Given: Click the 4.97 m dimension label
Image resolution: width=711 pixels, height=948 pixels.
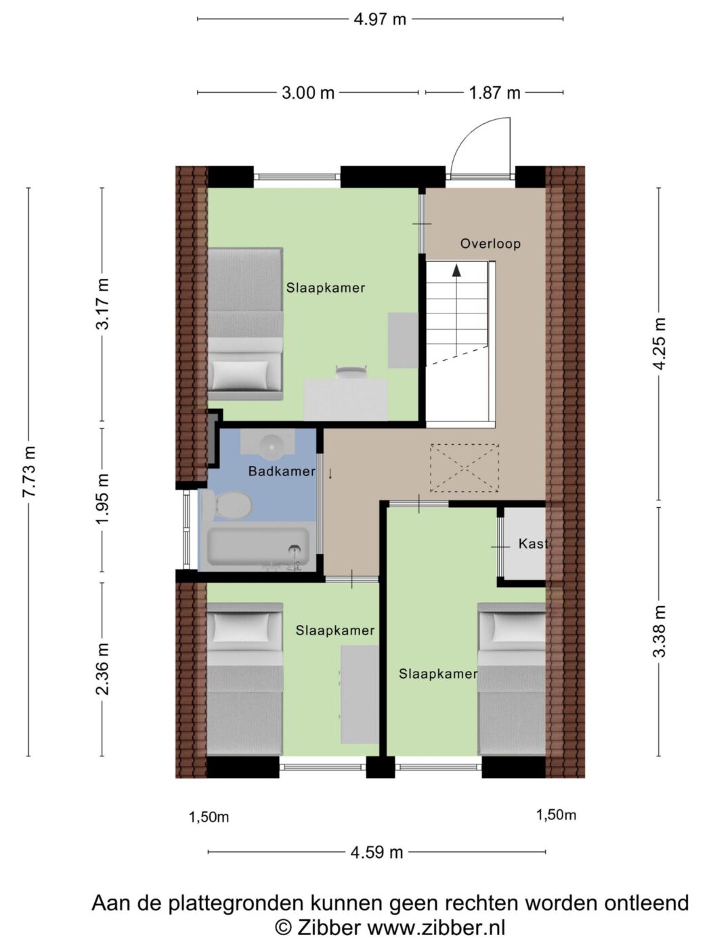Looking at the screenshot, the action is pos(379,20).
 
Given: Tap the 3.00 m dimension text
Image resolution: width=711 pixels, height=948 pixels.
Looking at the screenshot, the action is pos(308,93).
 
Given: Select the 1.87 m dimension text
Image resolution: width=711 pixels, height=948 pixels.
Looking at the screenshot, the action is pos(495,93).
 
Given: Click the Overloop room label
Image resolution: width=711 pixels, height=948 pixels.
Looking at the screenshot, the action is pos(490,244).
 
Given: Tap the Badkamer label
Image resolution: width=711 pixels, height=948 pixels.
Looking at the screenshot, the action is pos(282,471).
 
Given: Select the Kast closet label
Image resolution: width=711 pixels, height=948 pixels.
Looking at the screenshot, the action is pos(533,543).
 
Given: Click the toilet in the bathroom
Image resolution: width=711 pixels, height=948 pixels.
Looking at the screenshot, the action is pos(225,504).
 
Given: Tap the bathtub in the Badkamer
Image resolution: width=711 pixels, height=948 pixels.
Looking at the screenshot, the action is pos(258,548).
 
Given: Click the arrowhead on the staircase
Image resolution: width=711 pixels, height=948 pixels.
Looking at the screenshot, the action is pos(456,270).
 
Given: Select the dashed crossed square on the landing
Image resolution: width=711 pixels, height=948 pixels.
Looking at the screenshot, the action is pos(465,468).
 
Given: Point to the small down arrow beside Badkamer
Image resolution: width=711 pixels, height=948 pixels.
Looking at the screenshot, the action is pos(330,474).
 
